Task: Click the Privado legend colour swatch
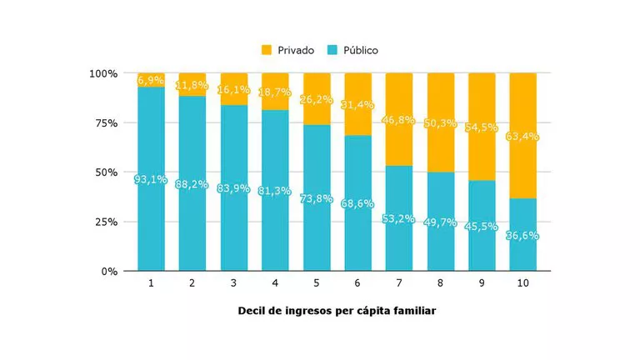[x=267, y=50]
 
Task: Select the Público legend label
[x=359, y=50]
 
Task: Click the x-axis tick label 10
[x=523, y=283]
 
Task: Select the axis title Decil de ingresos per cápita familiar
[x=337, y=311]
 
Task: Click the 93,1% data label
[x=152, y=179]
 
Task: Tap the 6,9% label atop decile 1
[x=152, y=80]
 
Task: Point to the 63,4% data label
[x=523, y=136]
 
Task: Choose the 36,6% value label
[x=523, y=236]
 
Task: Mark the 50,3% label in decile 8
[x=441, y=123]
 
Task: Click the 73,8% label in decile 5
[x=317, y=198]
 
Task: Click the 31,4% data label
[x=358, y=105]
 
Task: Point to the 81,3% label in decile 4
[x=276, y=191]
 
